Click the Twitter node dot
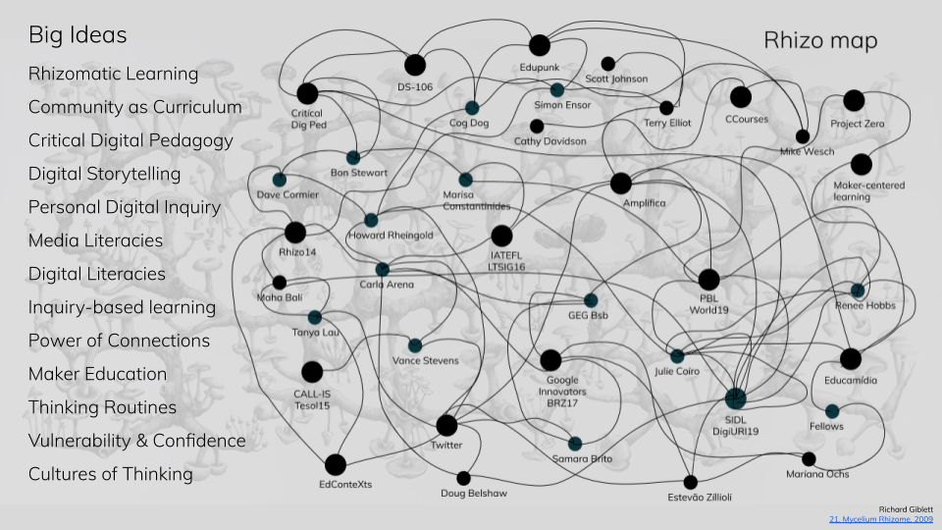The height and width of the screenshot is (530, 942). coord(446,425)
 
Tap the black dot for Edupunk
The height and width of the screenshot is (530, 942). coord(540,45)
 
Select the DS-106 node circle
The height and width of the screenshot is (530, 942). coord(415,65)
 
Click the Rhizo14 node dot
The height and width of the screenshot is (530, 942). coord(295,233)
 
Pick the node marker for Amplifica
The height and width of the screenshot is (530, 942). coord(620,183)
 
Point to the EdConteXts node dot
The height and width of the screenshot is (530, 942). coord(336,464)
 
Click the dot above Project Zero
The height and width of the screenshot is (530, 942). coord(854,100)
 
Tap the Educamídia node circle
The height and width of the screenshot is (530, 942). coord(850,359)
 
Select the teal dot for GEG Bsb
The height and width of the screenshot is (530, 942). coord(591,300)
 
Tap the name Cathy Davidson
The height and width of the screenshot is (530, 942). coord(549,141)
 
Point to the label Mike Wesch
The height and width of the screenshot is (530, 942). coord(807,152)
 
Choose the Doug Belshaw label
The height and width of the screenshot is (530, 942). coord(474,494)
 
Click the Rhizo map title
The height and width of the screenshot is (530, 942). coord(820,41)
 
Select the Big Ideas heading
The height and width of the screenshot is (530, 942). coord(78,35)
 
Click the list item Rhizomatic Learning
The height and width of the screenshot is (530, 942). coord(113,74)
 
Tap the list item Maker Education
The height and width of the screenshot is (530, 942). coord(97,374)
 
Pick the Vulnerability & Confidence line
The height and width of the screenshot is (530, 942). coord(136,441)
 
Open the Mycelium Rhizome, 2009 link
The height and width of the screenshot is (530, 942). coord(879,519)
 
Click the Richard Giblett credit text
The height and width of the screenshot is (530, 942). coord(906,508)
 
